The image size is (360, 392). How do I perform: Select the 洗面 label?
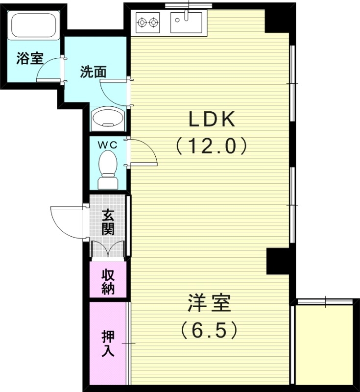pos(93,72)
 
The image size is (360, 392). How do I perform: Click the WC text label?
pos(107,145)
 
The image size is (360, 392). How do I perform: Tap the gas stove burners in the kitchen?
pos(148,22)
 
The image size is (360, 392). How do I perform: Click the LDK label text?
pos(213,120)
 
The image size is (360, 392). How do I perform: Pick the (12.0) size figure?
pos(211,146)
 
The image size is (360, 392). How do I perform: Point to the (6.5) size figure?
pos(209,330)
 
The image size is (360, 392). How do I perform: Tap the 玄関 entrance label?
pos(108,222)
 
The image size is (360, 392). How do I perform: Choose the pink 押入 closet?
pos(108,343)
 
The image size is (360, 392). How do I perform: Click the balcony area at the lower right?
pos(324,343)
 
